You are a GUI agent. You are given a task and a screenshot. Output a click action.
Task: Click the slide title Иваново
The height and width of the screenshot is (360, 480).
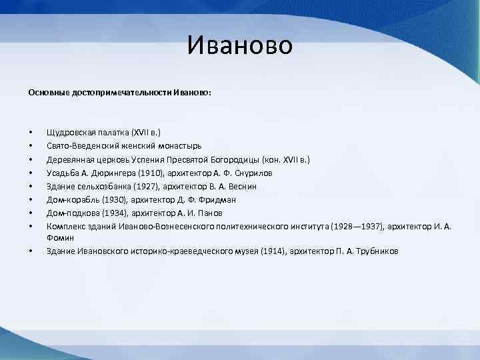[239, 45]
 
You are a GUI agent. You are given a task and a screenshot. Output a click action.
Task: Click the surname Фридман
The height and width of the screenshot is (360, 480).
[218, 199]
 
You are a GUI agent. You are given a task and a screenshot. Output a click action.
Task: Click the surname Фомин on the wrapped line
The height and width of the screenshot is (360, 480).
[60, 237]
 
